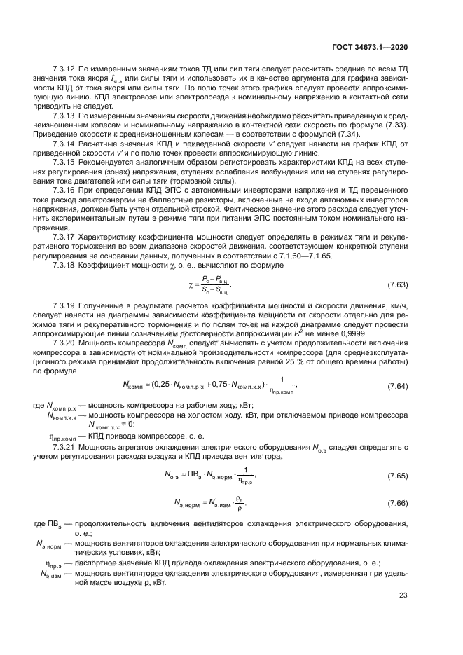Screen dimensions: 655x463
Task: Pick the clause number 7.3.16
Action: pos(64,189)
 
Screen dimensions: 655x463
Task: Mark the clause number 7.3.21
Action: pos(64,446)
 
